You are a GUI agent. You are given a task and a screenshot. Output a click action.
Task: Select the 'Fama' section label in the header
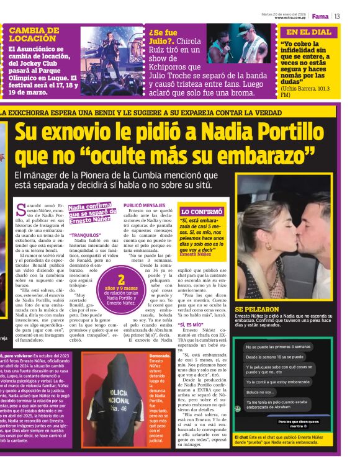[320, 16]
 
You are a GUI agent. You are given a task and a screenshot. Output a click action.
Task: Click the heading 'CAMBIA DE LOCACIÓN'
[34, 33]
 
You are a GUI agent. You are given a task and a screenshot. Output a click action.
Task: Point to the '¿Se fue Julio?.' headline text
[163, 37]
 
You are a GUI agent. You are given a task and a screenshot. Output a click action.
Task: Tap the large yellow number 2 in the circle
[121, 279]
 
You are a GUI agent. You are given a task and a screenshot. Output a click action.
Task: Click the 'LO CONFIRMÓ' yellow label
[201, 212]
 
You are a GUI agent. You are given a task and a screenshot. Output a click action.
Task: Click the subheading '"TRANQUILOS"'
[85, 235]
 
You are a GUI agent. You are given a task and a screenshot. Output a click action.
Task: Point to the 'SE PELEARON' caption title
[256, 308]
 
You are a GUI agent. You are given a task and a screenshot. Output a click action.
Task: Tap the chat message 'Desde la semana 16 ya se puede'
[276, 357]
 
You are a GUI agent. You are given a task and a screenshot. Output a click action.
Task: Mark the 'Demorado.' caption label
[160, 355]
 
